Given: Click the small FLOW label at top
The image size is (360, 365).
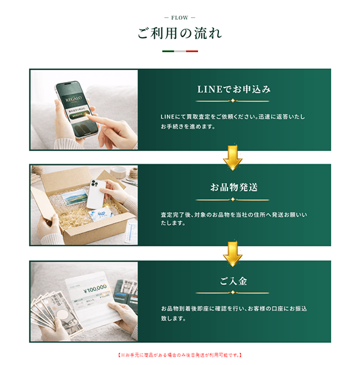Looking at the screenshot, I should coord(179,17).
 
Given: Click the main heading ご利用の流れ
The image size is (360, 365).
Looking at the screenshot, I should coord(179,34).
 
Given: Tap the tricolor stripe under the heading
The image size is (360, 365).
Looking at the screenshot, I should coord(179,52).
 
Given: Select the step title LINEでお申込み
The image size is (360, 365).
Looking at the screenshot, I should coord(234,89).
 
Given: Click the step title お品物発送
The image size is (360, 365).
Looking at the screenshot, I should coord(234,187).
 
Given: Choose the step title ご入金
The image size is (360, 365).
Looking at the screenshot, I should coord(234,281).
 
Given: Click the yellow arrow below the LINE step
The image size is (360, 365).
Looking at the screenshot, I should coord(232,157).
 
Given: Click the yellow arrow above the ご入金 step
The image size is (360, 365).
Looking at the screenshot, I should coord(232,252).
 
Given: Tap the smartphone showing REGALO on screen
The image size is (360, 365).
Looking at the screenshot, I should coord(77,108).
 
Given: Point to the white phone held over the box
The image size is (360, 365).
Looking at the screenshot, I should coord(98,192).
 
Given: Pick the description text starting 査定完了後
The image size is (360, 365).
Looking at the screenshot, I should coord(233,218).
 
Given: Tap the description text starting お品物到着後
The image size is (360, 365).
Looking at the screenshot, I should coord(233,313).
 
